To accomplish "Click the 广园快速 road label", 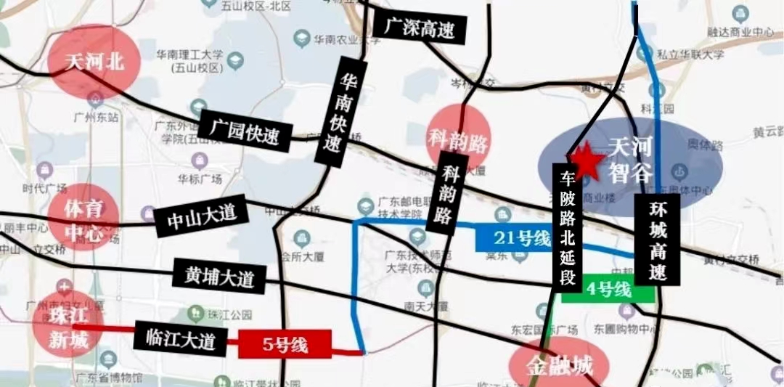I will pos(245,131).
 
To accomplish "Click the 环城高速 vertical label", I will pos(657,239).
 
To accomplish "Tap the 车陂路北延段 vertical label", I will pos(568,224).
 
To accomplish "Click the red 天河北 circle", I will pos(94,62).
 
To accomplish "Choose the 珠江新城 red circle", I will pos(67,327).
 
